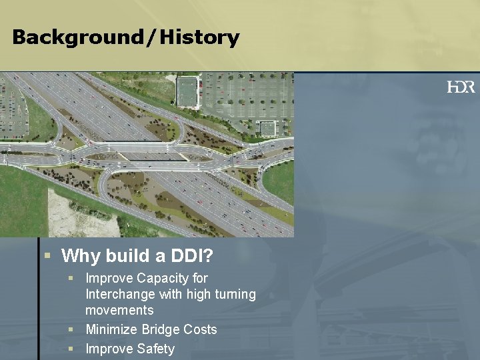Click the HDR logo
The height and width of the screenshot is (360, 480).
click(461, 87)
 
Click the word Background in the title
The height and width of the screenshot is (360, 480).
click(75, 37)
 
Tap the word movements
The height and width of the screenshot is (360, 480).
click(119, 310)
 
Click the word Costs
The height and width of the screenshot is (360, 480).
click(199, 329)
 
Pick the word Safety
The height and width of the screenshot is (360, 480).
click(156, 349)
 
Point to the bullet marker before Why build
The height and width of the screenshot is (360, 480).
click(47, 255)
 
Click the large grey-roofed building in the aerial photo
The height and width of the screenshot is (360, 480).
click(187, 91)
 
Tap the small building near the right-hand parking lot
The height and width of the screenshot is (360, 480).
click(268, 129)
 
